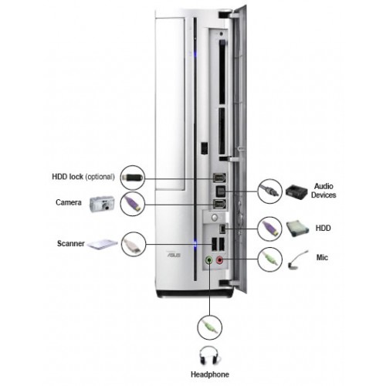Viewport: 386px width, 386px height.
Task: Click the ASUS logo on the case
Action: [x=174, y=255]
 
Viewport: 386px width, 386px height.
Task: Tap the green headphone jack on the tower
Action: [x=209, y=260]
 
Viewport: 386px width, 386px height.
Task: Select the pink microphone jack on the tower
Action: [x=220, y=260]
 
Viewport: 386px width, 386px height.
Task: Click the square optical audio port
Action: [x=220, y=191]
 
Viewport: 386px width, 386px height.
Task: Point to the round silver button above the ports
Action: [x=215, y=218]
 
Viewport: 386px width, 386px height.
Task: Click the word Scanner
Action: [x=71, y=243]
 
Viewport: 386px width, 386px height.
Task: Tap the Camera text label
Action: [x=69, y=202]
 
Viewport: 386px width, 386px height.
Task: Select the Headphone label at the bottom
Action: [x=210, y=374]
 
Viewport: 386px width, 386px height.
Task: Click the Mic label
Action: [x=322, y=257]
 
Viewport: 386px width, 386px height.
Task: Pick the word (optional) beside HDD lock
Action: [x=100, y=177]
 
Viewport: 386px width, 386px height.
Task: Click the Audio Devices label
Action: [x=323, y=191]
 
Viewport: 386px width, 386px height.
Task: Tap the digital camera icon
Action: [x=102, y=205]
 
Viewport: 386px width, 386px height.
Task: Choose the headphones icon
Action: [x=210, y=355]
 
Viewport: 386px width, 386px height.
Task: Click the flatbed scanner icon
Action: [x=102, y=244]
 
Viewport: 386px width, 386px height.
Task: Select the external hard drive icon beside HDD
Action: [x=297, y=228]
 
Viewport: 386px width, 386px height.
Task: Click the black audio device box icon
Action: [x=296, y=191]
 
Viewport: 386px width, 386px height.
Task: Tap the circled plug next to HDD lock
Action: [x=133, y=178]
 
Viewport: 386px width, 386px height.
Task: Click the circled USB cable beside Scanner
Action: [x=134, y=244]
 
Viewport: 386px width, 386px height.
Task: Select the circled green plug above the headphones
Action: [x=210, y=327]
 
